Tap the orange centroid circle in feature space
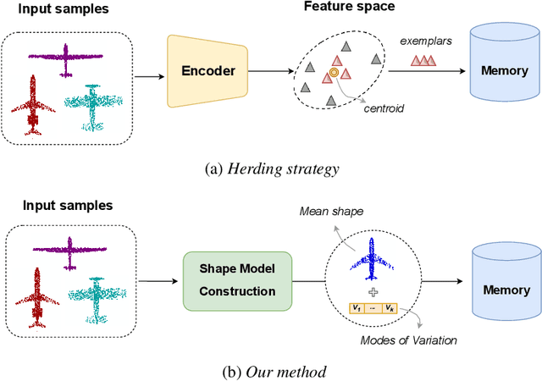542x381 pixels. click(334, 74)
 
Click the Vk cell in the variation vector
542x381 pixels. click(389, 307)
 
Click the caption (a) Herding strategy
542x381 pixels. click(271, 168)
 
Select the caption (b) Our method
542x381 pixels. click(271, 371)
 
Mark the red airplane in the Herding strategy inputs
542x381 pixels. click(33, 106)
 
